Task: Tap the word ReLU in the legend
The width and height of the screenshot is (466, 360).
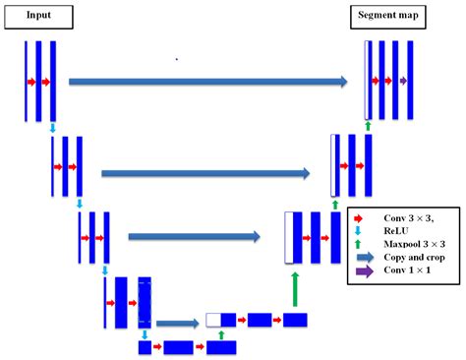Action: pyautogui.click(x=396, y=230)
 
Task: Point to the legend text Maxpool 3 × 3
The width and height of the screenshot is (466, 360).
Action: pyautogui.click(x=411, y=243)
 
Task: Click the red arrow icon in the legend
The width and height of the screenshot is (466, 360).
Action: pyautogui.click(x=358, y=218)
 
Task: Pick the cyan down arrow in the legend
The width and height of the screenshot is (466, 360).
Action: pyautogui.click(x=358, y=230)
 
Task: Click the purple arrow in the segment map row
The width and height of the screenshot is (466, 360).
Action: pyautogui.click(x=404, y=82)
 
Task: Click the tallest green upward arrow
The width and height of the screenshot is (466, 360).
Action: pyautogui.click(x=294, y=289)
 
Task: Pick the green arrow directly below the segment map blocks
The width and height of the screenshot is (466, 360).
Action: pyautogui.click(x=368, y=126)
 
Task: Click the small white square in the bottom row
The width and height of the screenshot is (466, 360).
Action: pyautogui.click(x=212, y=320)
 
